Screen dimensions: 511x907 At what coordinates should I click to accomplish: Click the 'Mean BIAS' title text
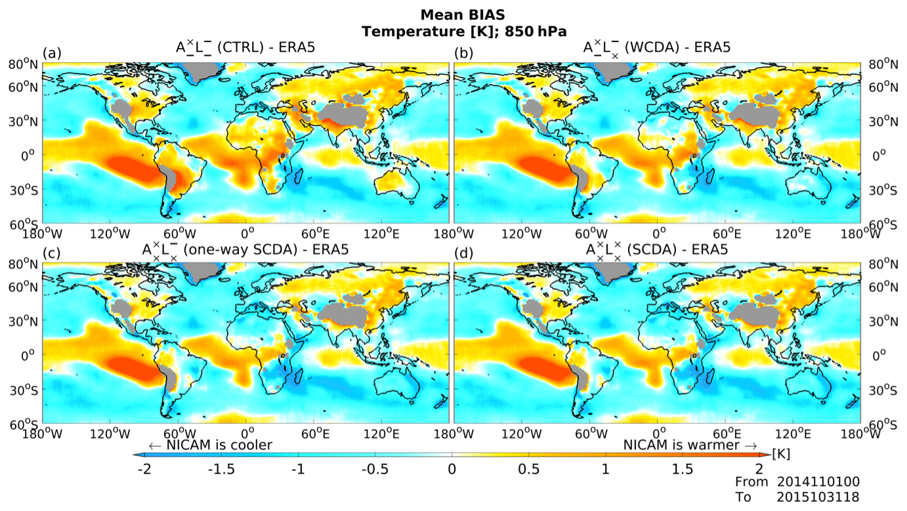tap(453, 14)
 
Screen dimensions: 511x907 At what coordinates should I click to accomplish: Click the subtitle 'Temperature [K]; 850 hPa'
tap(453, 30)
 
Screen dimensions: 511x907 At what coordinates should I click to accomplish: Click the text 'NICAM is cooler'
tap(210, 445)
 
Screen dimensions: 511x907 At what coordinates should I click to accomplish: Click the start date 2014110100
tap(818, 483)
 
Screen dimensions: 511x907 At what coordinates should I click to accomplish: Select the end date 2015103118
tap(818, 497)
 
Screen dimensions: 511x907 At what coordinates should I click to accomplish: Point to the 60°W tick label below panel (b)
tap(590, 232)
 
